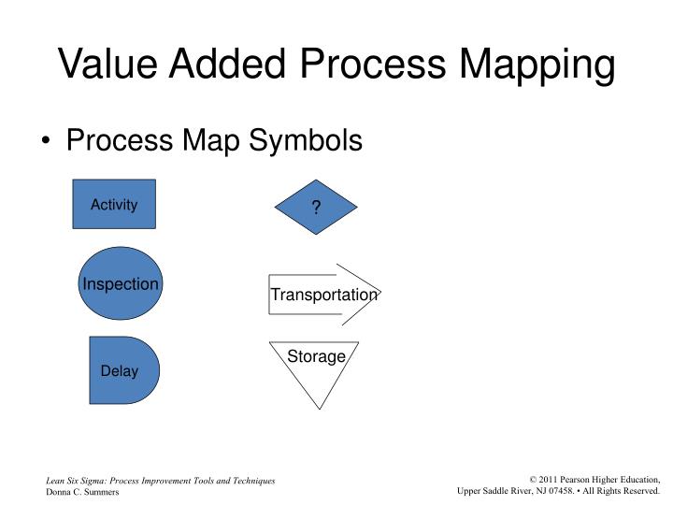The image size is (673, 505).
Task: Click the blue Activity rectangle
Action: point(114,204)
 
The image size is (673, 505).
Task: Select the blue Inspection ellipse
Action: point(121,283)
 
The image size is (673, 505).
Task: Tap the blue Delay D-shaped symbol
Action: point(122,370)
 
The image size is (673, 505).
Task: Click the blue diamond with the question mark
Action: point(316,208)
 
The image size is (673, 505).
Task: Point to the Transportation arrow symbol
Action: point(323,294)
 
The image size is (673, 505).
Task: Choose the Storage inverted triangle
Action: point(316,369)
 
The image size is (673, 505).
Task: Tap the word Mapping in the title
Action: point(537,65)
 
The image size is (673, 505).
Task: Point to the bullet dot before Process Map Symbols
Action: point(48,142)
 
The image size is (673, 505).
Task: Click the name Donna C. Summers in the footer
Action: point(82,492)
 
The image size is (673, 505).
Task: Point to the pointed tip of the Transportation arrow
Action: point(380,294)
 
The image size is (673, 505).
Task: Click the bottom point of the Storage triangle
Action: point(317,408)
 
